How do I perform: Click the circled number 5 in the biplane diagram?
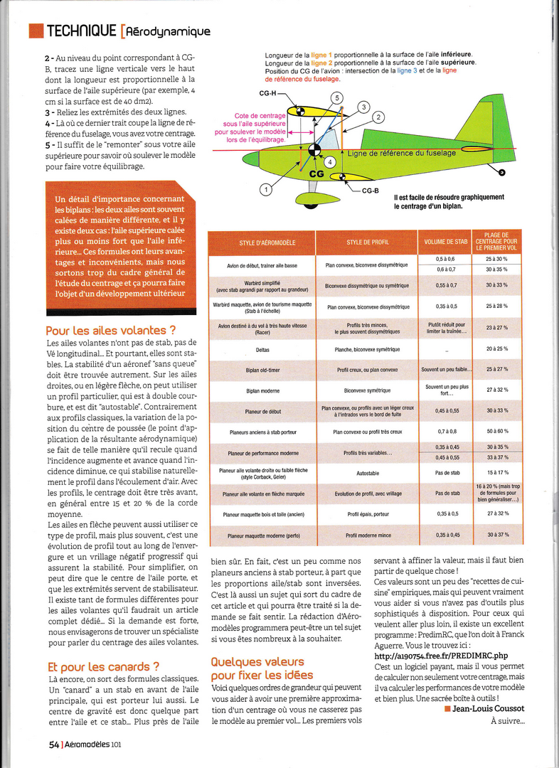click(x=336, y=97)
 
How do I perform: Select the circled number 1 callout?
click(x=265, y=190)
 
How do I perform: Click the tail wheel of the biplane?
click(x=502, y=171)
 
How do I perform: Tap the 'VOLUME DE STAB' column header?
click(x=446, y=242)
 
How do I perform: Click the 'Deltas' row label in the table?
click(x=262, y=350)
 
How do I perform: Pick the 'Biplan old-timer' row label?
click(x=262, y=370)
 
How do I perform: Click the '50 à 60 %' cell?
click(x=497, y=432)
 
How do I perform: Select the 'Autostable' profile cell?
click(x=368, y=472)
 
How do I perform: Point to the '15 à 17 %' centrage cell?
click(x=497, y=472)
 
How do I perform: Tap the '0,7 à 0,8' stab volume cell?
click(x=446, y=432)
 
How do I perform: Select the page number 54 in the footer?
click(x=53, y=745)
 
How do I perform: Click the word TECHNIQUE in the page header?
click(x=80, y=31)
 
